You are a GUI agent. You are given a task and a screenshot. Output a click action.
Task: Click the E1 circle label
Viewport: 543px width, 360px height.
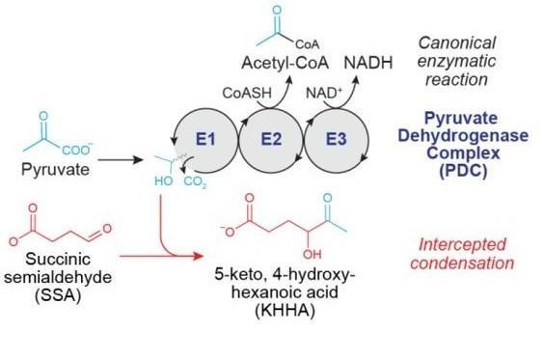205,139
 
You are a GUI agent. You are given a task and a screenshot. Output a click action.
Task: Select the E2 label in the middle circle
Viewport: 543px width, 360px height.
271,139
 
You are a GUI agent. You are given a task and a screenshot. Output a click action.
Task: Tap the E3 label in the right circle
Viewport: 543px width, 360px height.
337,139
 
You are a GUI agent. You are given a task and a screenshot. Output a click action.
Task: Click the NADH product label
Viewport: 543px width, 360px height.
368,63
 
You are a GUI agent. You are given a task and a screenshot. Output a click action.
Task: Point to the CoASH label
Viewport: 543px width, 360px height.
247,93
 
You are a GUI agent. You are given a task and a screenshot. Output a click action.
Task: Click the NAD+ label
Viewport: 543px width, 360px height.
324,93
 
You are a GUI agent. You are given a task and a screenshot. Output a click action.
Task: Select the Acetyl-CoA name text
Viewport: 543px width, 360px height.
285,63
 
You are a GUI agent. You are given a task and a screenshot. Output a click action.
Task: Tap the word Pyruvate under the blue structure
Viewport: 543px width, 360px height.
55,170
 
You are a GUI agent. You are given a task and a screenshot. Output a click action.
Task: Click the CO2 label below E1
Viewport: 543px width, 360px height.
196,181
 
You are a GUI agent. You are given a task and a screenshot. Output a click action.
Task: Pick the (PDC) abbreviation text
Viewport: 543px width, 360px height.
463,171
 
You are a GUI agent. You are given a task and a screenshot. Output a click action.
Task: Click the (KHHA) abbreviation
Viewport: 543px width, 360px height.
285,310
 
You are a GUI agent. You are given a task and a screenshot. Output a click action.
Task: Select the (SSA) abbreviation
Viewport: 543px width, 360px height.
58,295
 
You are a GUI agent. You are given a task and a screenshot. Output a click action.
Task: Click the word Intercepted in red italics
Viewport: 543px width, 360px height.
462,244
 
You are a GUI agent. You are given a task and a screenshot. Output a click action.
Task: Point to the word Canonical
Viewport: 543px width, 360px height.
457,43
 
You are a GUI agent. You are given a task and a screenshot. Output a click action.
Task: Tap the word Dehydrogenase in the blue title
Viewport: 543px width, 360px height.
463,135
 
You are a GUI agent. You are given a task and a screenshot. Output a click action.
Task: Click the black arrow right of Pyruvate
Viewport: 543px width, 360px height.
121,159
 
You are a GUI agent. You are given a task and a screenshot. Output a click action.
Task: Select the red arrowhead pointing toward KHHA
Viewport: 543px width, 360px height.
198,256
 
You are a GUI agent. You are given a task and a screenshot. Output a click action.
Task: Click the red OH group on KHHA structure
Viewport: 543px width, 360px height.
312,255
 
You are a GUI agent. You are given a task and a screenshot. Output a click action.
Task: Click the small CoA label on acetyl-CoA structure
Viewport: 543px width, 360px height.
307,44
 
